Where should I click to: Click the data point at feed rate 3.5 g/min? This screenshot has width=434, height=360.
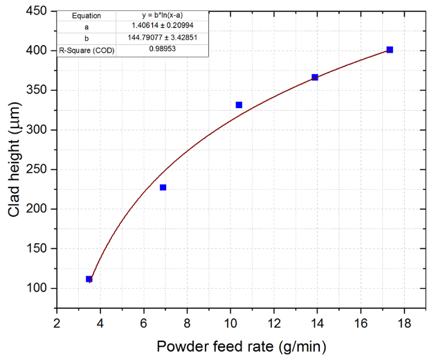coord(89,279)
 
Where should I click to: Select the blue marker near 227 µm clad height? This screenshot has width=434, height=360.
coord(163,188)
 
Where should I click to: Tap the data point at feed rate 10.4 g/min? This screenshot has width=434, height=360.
coord(239,105)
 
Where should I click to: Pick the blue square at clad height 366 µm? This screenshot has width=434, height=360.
coord(315,78)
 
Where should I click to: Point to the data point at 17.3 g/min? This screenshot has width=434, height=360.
coord(390,50)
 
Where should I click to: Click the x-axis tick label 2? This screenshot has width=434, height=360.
coord(57,323)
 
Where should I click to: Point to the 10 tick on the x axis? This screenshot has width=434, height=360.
coord(230,323)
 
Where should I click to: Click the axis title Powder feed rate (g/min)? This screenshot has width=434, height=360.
coord(241,347)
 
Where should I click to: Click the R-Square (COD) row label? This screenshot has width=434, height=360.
coord(87,50)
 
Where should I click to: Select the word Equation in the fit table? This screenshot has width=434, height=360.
coord(87,15)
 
